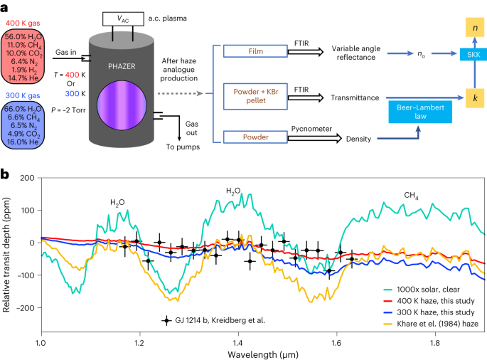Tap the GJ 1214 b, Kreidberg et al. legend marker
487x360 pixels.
tap(167, 321)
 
